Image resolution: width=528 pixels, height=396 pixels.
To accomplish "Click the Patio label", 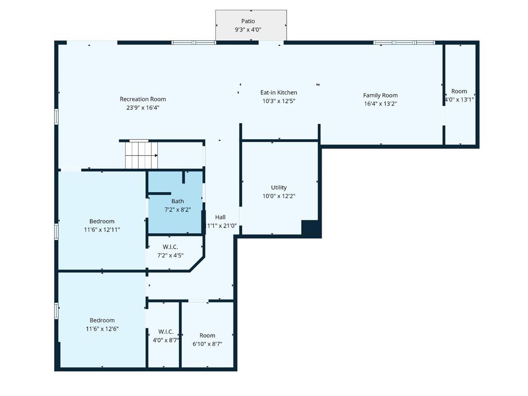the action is point(248,21).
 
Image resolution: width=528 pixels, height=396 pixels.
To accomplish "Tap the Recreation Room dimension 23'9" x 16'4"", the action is point(143,108).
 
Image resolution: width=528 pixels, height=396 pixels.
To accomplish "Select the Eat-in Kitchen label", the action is point(279,92).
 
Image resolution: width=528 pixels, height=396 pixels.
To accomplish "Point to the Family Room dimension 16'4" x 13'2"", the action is point(381,104).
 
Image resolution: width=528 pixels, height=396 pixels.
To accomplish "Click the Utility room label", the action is point(279,188).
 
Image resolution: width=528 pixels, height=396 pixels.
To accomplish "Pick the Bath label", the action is point(177,202).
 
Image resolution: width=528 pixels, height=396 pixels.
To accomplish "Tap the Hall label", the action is point(220,217).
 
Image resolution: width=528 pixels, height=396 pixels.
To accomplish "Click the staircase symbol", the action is point(141,155).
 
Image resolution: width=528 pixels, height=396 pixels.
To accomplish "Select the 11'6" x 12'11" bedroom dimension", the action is point(102,229).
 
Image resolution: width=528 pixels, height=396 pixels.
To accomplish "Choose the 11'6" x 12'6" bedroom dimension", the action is point(102,328).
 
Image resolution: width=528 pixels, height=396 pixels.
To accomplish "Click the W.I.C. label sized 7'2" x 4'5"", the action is point(170,247).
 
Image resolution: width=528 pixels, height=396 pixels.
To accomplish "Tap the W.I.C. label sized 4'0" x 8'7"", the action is point(166,332).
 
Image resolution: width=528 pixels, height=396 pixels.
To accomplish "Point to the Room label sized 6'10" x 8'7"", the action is point(207,335).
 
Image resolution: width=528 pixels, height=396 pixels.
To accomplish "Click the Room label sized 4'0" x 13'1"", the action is point(459,91).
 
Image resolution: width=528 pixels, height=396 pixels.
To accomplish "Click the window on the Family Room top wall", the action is point(404,43).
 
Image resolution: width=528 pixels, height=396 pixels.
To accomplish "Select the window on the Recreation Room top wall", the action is point(194,43).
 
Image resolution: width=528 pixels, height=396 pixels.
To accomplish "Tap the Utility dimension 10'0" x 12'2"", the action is point(279,196).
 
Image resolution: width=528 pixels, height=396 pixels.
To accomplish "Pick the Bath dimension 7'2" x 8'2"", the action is point(177,210).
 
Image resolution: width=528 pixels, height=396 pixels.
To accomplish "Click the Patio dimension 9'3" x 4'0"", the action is point(248,29).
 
